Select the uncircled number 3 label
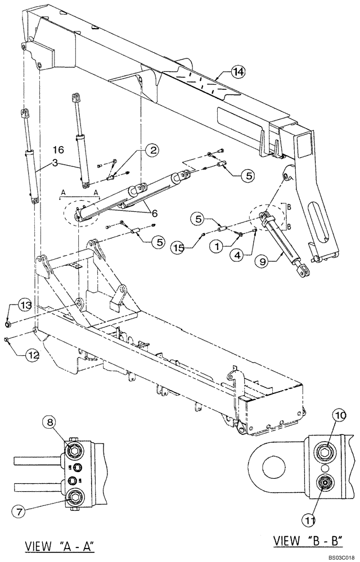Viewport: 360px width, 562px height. (56, 163)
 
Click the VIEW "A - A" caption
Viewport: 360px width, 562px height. (60, 546)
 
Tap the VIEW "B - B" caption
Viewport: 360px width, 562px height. (301, 541)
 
